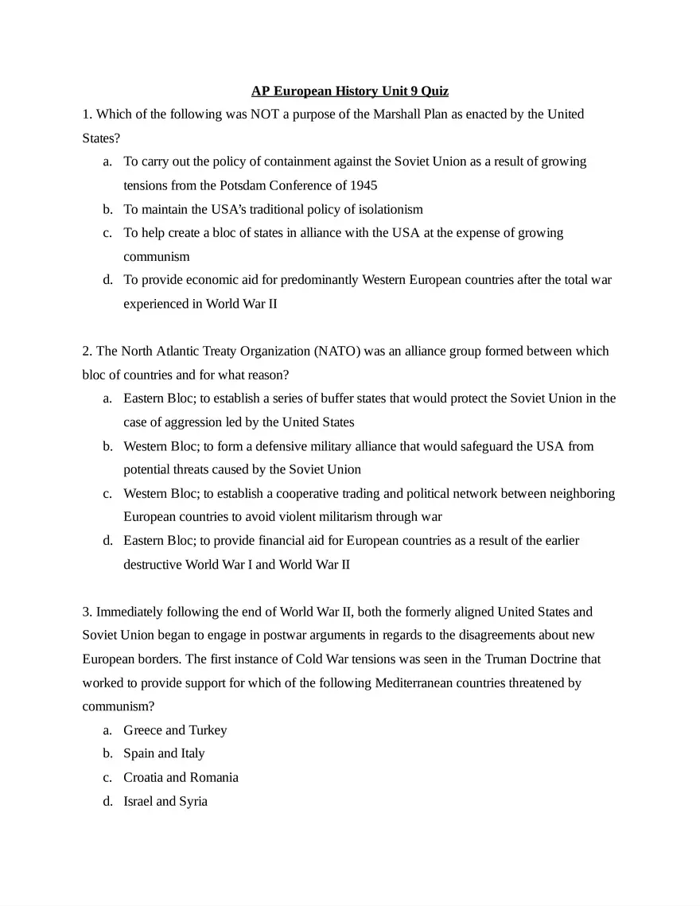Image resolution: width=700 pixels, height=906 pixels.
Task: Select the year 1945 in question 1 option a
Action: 363,185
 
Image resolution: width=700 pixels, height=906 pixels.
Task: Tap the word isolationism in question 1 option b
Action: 386,209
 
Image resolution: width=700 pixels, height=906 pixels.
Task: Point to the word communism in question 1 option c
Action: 157,256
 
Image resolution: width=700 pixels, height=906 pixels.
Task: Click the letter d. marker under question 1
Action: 107,280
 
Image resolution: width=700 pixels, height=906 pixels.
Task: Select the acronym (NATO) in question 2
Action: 337,351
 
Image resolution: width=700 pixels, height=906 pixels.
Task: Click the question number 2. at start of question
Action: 87,351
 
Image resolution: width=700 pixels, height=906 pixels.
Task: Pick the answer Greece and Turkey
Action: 175,729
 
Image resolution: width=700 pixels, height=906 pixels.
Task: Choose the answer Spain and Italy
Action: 164,753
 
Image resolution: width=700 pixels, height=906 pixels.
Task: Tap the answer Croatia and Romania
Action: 181,777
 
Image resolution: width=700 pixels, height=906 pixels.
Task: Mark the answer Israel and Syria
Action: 165,801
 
